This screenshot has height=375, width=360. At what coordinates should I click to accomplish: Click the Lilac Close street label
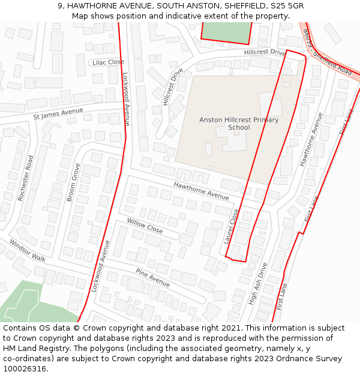point(107,62)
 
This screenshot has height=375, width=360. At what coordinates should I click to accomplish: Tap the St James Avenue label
point(58,113)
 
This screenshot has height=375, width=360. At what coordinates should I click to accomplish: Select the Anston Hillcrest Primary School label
point(239,124)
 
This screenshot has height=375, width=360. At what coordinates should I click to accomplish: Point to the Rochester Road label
point(26,178)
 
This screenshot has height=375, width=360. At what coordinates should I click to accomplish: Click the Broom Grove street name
point(73,182)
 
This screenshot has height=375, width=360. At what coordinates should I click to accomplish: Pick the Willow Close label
point(145,226)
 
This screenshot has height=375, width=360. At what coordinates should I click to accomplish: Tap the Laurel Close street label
point(231,226)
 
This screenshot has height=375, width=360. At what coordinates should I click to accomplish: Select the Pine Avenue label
point(152,277)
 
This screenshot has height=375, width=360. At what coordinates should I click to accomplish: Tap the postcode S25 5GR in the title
point(287,5)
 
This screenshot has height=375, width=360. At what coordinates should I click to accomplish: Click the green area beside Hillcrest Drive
point(226,32)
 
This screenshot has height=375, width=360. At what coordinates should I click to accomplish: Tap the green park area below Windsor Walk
point(30,303)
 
